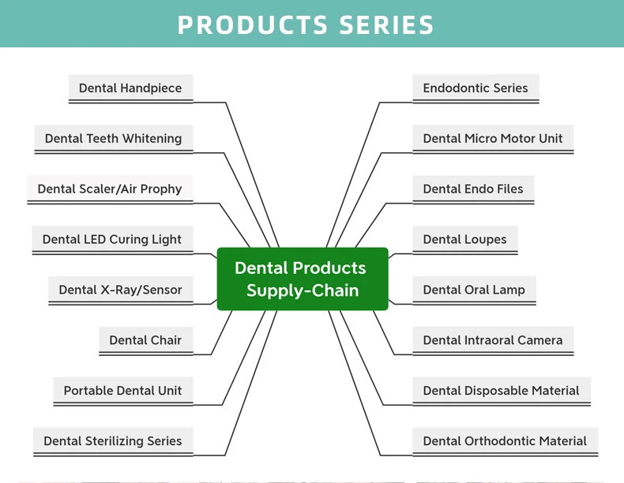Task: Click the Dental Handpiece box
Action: tap(130, 88)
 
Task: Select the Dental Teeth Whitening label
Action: tap(113, 139)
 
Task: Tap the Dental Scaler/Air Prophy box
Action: tap(110, 189)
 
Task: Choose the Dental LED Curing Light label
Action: tap(112, 240)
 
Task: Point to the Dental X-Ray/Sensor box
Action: tap(120, 290)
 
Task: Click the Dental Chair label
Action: tap(145, 341)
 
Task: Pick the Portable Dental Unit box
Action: tap(122, 391)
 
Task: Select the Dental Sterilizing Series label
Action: tap(113, 442)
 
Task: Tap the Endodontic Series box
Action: tap(476, 88)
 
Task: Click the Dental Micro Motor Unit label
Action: tap(493, 139)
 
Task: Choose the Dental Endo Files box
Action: tap(473, 189)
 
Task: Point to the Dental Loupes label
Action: tap(464, 240)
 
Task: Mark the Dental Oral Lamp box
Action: tap(474, 290)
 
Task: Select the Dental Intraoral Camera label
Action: tap(493, 341)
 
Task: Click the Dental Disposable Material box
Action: tap(501, 391)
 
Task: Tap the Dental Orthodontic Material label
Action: tap(505, 442)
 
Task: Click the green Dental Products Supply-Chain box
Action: tap(303, 279)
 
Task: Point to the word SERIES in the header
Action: tap(387, 25)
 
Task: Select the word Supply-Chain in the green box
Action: tap(303, 290)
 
